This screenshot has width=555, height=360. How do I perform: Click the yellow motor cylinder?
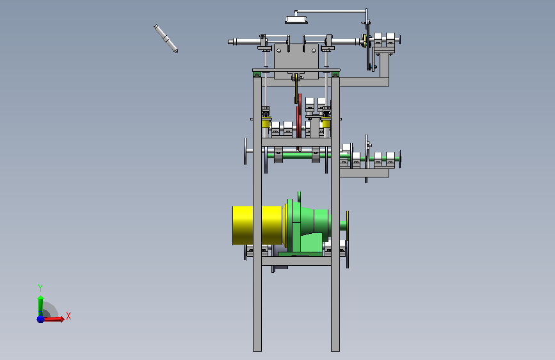[x=258, y=225]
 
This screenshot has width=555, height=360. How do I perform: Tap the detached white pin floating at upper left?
[x=166, y=38]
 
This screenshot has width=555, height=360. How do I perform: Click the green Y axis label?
[x=40, y=288]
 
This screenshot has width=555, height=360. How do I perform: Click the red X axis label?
[x=68, y=316]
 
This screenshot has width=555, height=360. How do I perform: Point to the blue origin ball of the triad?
[x=40, y=319]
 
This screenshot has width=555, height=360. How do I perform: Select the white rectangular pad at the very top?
[x=296, y=20]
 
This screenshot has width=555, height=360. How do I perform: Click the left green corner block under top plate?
[x=257, y=74]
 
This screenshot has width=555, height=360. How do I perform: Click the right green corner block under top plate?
[x=335, y=74]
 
